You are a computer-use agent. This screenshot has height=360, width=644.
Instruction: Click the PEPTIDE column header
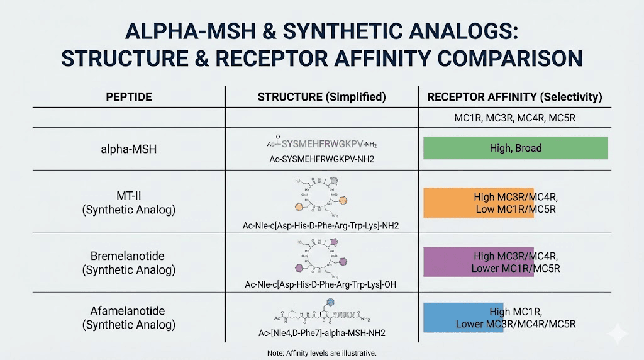pos(128,97)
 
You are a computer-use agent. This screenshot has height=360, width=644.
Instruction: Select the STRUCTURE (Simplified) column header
pos(321,97)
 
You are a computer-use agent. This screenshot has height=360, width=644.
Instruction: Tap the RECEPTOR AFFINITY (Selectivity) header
pos(514,97)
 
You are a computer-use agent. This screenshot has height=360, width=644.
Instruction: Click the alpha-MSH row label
pos(128,149)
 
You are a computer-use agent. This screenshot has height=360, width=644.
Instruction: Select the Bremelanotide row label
pos(128,263)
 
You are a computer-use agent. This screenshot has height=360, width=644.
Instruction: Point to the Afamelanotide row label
pos(128,318)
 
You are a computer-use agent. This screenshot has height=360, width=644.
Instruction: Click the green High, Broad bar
pos(515,148)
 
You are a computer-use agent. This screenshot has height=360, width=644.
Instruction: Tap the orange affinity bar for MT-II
pos(479,203)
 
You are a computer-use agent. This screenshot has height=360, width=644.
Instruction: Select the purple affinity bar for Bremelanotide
pos(479,262)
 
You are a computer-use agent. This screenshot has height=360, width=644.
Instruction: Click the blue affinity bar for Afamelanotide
pos(464,317)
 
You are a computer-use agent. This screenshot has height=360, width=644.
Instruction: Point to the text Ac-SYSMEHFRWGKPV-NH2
pos(321,159)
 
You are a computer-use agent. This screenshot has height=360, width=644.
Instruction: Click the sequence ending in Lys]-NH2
pos(321,225)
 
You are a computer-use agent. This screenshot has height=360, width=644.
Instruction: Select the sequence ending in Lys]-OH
pos(321,284)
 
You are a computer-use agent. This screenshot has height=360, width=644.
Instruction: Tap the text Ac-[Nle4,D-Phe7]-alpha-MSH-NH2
pos(321,333)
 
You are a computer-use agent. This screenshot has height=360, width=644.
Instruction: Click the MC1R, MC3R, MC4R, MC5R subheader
pos(514,118)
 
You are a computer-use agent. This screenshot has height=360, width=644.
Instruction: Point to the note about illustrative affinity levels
pos(321,353)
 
